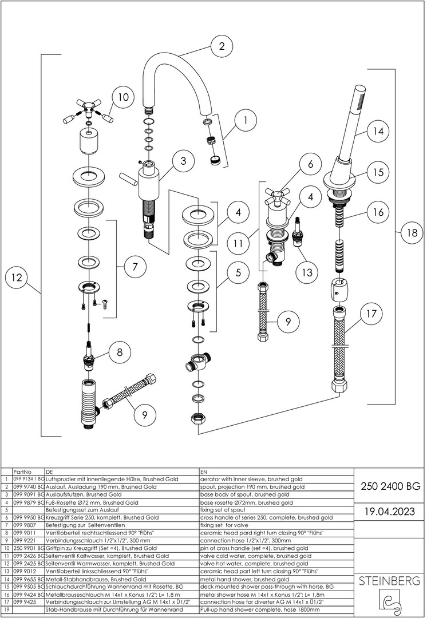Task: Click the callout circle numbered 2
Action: (x=222, y=47)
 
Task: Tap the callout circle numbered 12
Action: (x=17, y=278)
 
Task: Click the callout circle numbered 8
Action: (x=119, y=353)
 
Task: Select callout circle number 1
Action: (x=245, y=121)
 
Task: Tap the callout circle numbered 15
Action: (x=377, y=172)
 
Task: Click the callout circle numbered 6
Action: (x=310, y=165)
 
